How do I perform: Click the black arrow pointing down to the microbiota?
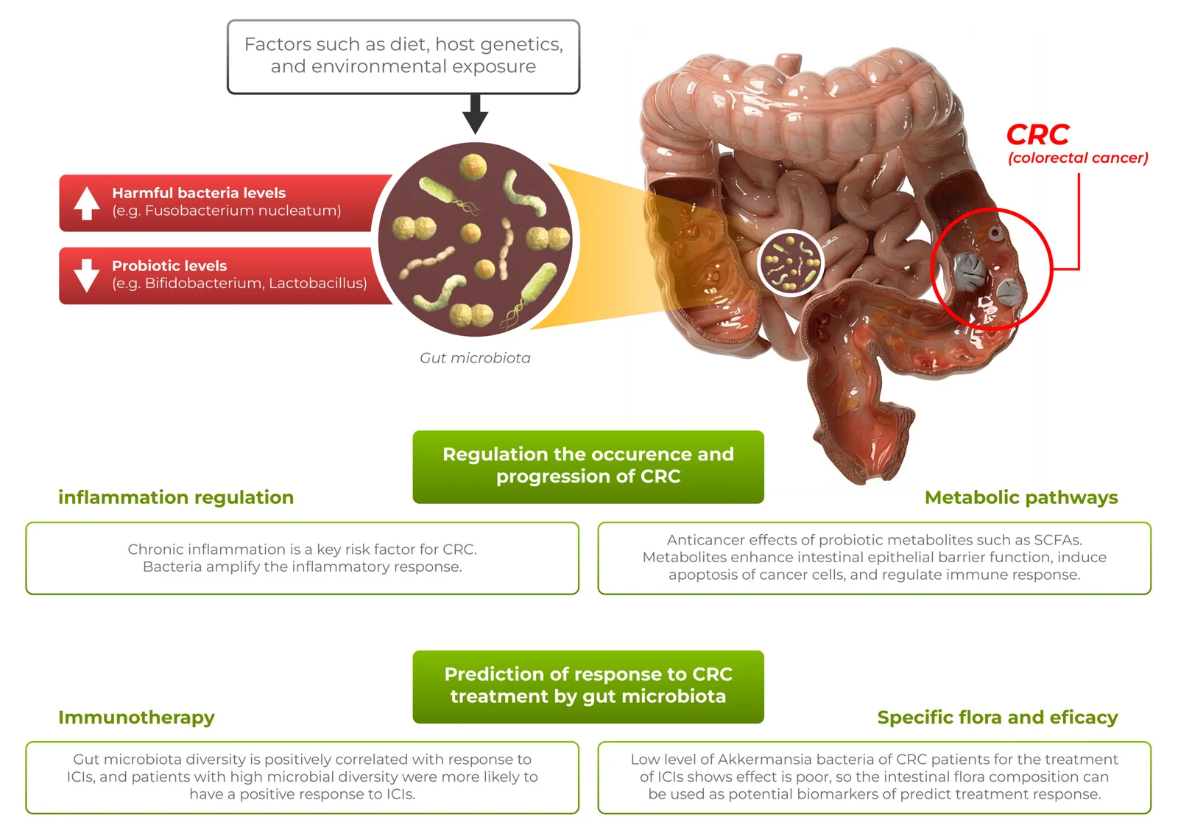[476, 115]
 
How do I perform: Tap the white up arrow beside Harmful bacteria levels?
[87, 203]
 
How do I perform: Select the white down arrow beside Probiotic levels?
[87, 276]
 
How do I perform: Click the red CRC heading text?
[1037, 135]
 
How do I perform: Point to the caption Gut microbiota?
[475, 358]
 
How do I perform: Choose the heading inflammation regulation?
[176, 497]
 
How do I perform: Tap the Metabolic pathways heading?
[1020, 497]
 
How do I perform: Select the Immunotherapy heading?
[136, 717]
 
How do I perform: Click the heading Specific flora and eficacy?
[997, 717]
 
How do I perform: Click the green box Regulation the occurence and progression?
[588, 466]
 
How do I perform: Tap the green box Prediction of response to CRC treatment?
[588, 686]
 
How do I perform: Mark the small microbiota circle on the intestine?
[791, 262]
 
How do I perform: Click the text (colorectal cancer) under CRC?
[1077, 158]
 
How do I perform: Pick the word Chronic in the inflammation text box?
[155, 550]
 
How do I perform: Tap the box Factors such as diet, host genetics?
[403, 56]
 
